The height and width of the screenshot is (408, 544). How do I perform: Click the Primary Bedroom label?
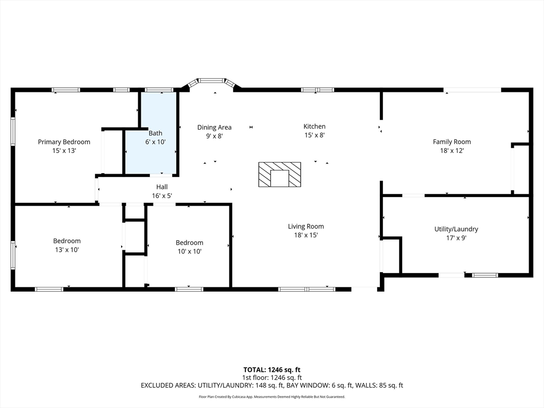point(64,142)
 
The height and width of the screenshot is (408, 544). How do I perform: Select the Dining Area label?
point(215,127)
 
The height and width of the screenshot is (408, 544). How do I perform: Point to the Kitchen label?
point(314,126)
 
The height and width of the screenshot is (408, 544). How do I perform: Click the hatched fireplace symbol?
point(279,174)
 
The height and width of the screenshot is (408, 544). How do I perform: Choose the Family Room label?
point(452,141)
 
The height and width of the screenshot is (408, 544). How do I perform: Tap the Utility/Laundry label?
point(456,229)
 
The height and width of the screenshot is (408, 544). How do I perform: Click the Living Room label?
point(305,226)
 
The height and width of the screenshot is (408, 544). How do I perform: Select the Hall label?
point(161,187)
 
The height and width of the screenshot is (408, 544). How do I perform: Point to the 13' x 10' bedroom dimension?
point(67,250)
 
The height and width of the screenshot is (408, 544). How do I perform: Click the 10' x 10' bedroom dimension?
point(190,251)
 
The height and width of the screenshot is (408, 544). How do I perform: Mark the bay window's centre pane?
point(211,81)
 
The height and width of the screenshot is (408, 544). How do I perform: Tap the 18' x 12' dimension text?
point(452,150)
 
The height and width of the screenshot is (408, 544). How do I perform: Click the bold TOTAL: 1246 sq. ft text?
point(271,370)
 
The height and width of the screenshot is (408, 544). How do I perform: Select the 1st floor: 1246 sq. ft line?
point(271,378)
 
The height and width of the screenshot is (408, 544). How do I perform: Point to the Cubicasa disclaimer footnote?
point(271,396)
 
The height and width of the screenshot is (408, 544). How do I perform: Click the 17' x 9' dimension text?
point(456,238)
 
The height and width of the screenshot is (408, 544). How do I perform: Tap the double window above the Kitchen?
point(318,90)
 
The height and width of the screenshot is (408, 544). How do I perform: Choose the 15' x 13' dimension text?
point(64,151)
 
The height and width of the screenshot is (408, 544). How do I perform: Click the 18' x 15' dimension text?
point(305,235)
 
